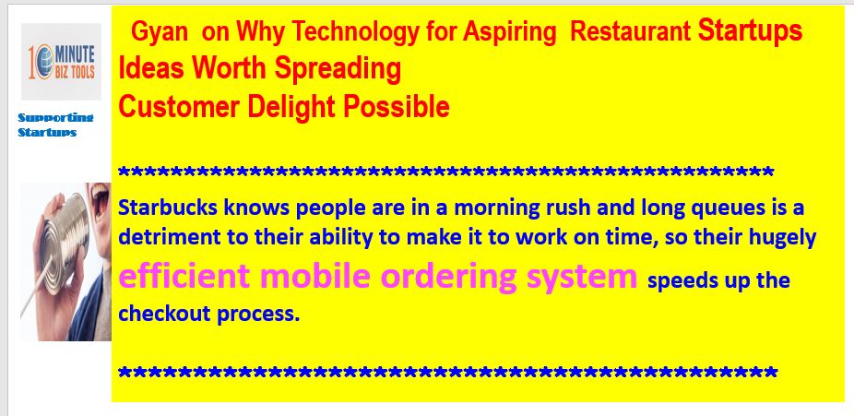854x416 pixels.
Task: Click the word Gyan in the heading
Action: point(160,32)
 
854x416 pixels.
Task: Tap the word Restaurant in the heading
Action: point(630,32)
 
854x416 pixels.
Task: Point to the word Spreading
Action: point(338,69)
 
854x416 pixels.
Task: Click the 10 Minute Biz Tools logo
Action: point(61,62)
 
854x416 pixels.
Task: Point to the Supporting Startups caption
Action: point(55,125)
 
